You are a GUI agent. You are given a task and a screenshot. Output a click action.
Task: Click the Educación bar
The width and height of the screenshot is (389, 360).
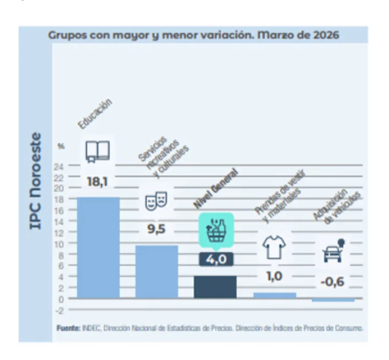tap(98, 248)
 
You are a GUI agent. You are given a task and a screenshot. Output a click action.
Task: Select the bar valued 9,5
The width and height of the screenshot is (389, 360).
tap(157, 271)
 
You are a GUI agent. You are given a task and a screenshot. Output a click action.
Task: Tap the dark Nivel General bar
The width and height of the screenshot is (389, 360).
tap(215, 287)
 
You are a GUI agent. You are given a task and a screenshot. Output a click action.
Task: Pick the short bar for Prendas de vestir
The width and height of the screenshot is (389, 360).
tap(274, 295)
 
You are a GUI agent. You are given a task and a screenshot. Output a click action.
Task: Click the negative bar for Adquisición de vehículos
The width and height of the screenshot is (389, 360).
tap(333, 300)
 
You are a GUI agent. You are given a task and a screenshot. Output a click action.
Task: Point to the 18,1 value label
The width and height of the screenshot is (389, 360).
tap(97, 182)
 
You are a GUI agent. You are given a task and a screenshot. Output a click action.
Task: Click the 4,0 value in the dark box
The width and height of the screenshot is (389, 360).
tap(216, 259)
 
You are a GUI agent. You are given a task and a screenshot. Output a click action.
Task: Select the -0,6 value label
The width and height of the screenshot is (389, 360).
tap(332, 282)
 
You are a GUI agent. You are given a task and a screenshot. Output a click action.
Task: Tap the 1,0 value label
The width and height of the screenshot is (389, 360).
tap(274, 276)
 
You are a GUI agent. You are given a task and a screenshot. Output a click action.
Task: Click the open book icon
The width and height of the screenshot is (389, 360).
tap(98, 151)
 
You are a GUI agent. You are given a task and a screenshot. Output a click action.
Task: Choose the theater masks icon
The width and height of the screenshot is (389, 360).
tap(156, 201)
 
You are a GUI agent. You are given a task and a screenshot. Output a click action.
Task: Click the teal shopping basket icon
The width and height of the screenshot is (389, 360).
tap(216, 230)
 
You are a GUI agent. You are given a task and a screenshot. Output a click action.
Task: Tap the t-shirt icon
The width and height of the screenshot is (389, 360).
tap(274, 247)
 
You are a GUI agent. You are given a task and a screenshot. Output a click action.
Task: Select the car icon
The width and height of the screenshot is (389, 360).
tap(334, 251)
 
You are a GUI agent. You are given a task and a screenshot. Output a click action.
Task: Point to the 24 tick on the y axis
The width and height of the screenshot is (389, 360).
tap(59, 166)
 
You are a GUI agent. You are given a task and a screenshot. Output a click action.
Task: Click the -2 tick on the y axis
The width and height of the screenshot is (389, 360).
tap(59, 310)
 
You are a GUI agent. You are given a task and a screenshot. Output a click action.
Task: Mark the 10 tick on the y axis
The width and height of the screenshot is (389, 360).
tap(59, 244)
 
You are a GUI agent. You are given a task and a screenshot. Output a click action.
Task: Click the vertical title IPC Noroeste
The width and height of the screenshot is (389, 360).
tap(35, 181)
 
